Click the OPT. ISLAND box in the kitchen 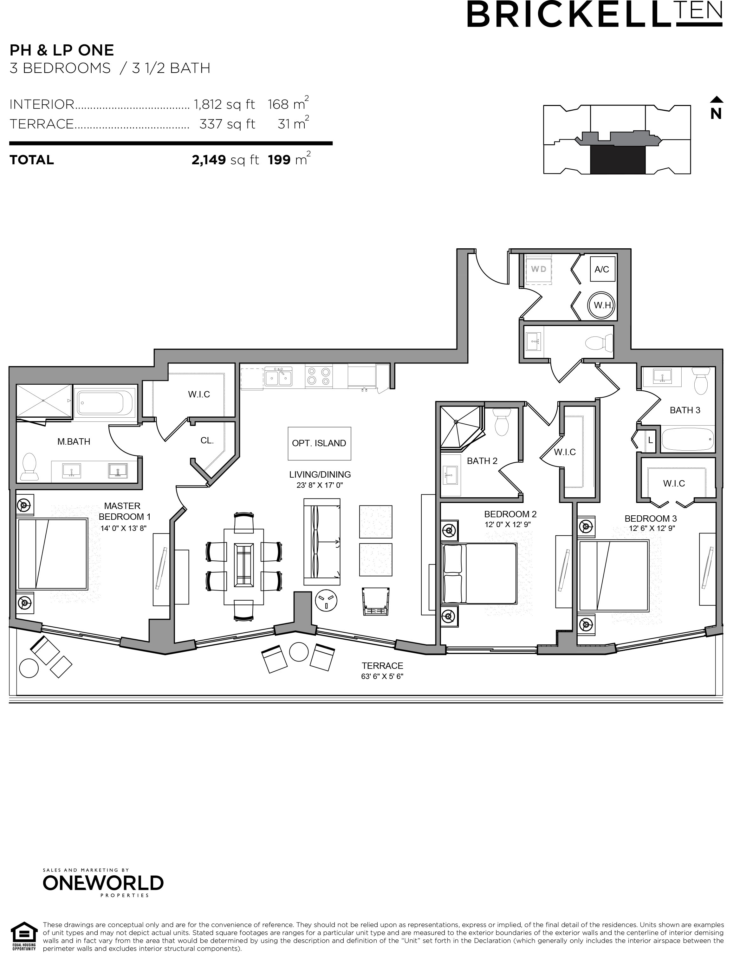pos(319,443)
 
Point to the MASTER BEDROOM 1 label pos(123,512)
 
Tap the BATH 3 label pos(684,410)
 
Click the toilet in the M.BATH pos(29,467)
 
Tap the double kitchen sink pos(278,376)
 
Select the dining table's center pos(244,566)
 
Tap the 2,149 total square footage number pos(209,160)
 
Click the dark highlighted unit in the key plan pos(617,160)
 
